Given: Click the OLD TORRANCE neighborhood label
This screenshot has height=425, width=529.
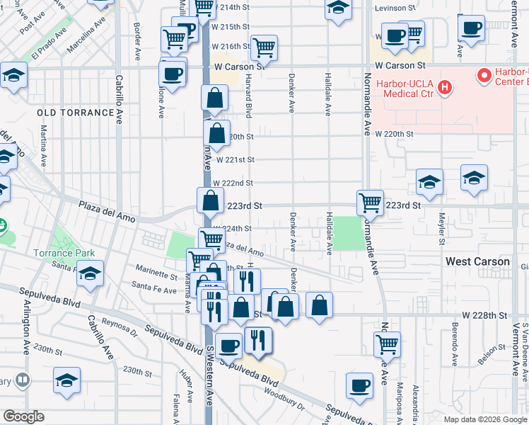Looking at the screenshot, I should click(x=76, y=113).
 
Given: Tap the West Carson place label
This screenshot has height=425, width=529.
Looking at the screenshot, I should click(x=477, y=261).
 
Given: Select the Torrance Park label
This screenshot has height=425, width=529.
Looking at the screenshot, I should click(x=63, y=253).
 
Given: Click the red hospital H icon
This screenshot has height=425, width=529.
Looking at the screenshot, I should click(x=444, y=88).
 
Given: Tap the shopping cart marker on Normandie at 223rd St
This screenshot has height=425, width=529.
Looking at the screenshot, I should click(x=370, y=203).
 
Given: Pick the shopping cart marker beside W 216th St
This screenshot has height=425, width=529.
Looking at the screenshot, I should click(x=264, y=47).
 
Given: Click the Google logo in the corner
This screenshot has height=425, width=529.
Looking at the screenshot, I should click(x=23, y=416).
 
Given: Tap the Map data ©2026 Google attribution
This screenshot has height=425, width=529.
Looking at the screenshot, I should click(x=484, y=419).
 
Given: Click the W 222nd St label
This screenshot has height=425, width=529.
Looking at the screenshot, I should click(x=233, y=183).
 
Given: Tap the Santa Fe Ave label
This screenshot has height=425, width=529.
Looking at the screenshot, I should click(x=153, y=290).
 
